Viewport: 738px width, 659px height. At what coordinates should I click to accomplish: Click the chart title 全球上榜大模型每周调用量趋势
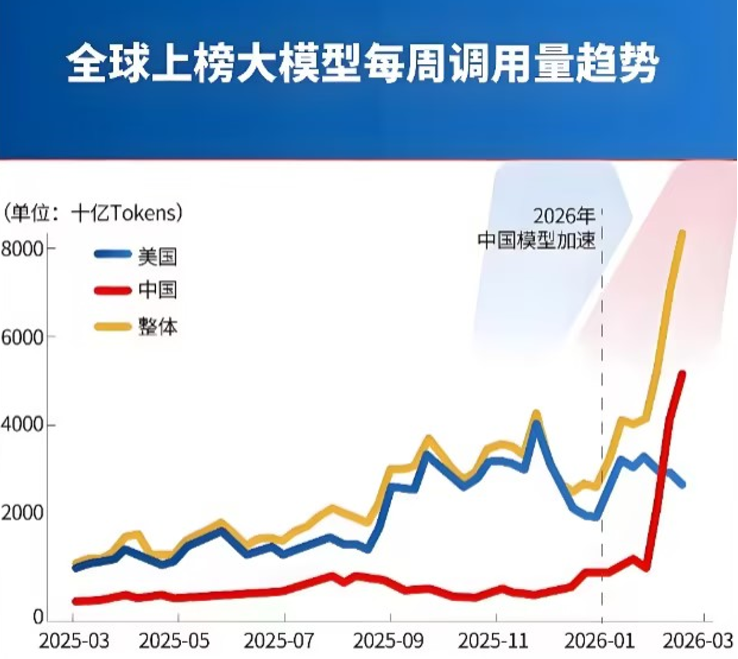pyautogui.click(x=362, y=64)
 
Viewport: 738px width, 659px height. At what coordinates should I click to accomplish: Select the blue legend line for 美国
pyautogui.click(x=112, y=255)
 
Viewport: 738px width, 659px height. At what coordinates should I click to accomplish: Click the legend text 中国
pyautogui.click(x=157, y=290)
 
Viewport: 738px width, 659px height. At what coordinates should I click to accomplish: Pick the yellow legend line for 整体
pyautogui.click(x=112, y=326)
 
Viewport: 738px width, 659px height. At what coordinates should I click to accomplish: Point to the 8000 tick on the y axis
pyautogui.click(x=22, y=249)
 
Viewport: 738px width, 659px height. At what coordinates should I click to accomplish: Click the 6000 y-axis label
pyautogui.click(x=22, y=337)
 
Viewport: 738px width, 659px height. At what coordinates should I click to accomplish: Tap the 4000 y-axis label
pyautogui.click(x=22, y=425)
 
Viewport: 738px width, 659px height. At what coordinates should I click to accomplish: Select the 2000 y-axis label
pyautogui.click(x=22, y=513)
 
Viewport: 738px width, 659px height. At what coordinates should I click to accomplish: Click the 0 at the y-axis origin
pyautogui.click(x=38, y=617)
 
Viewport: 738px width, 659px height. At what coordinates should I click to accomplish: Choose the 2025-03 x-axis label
pyautogui.click(x=74, y=641)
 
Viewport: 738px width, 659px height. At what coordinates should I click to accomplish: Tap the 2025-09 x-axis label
pyautogui.click(x=389, y=641)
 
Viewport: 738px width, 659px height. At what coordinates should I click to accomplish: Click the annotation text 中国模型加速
pyautogui.click(x=536, y=240)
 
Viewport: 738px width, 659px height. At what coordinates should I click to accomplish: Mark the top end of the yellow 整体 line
pyautogui.click(x=682, y=233)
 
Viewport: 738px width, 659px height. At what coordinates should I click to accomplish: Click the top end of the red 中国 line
pyautogui.click(x=681, y=374)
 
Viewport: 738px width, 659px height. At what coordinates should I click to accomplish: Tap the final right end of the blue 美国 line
pyautogui.click(x=682, y=485)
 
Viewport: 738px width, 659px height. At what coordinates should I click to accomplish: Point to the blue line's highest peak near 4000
pyautogui.click(x=536, y=423)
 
